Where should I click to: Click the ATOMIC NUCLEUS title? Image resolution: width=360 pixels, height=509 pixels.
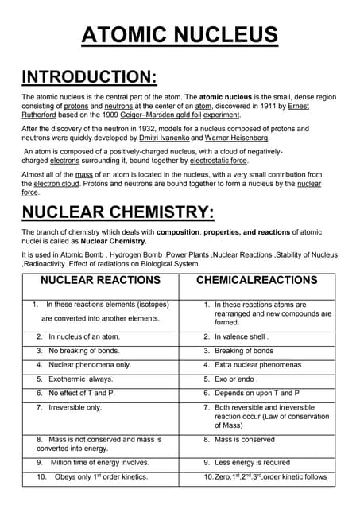[180, 35]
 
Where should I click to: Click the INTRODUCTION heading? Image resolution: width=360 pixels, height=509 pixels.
[89, 77]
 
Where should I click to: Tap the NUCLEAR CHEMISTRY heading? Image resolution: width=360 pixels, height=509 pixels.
[118, 212]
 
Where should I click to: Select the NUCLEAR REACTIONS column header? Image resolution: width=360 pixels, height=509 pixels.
[100, 280]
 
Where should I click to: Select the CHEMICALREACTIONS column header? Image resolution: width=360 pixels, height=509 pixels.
[257, 280]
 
